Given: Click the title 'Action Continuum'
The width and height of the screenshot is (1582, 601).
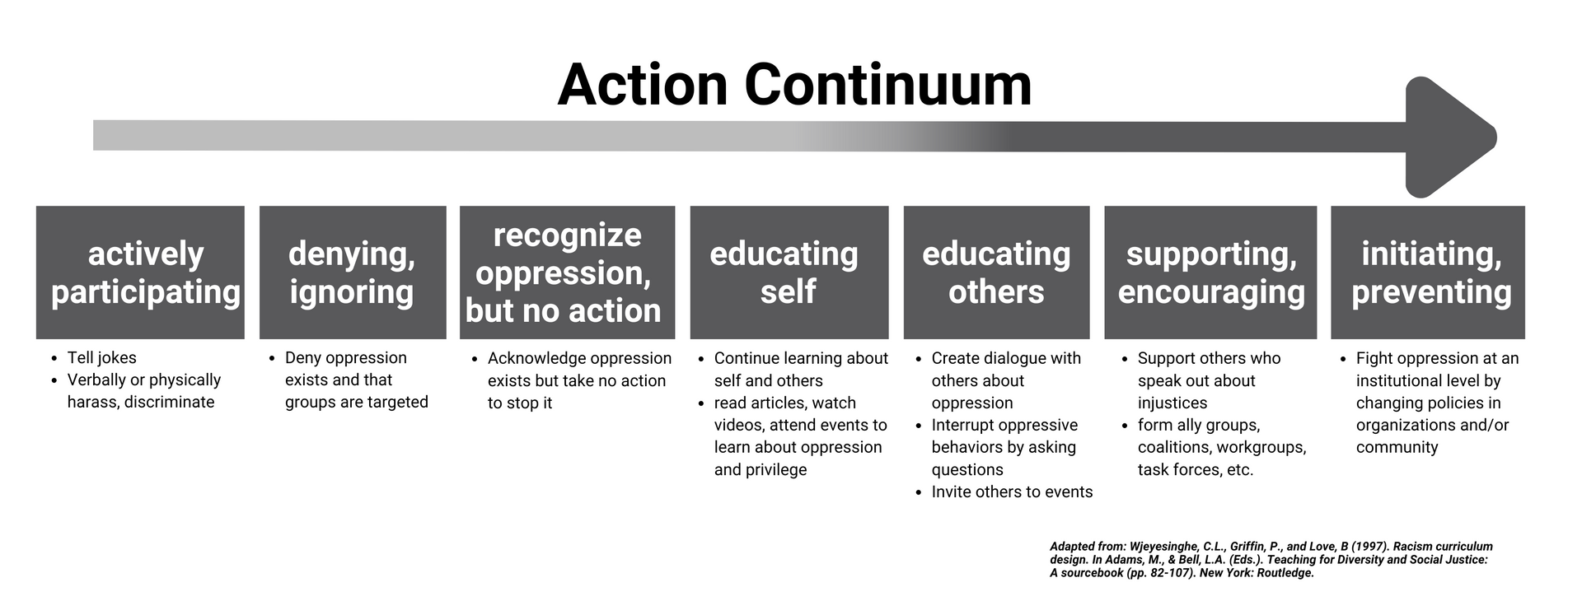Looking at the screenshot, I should [x=794, y=85].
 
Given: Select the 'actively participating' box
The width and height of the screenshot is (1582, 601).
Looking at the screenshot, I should [x=140, y=273].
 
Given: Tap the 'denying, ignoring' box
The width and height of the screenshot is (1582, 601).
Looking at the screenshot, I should [x=353, y=273].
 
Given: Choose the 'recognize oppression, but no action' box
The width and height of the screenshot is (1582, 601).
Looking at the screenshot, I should [x=567, y=273].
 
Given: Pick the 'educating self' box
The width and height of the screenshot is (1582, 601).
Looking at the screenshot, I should [x=789, y=273].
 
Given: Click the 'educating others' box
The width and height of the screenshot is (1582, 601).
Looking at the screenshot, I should [x=996, y=273].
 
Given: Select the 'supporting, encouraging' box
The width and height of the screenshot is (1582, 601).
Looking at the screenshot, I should [x=1210, y=273].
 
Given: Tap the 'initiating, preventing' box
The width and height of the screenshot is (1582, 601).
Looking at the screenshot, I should [x=1428, y=273].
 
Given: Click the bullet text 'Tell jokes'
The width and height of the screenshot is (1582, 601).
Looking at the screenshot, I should [x=101, y=358].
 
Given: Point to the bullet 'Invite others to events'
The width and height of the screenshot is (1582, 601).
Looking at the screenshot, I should [x=1012, y=492].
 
